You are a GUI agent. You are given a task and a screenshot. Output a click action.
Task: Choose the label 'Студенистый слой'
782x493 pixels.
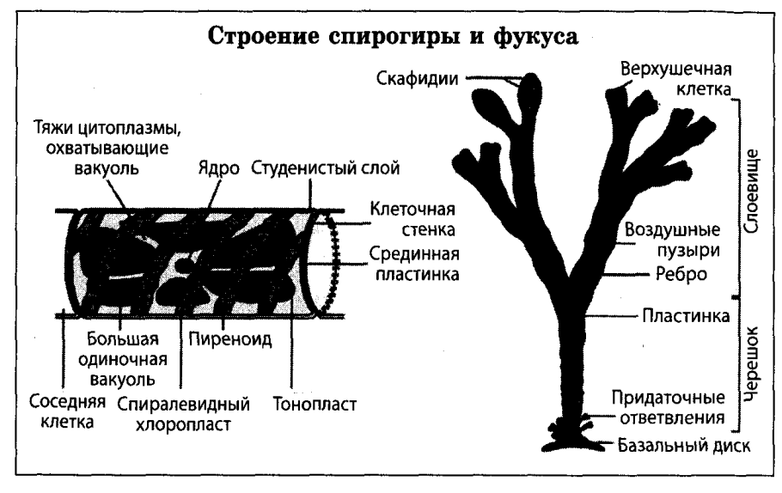(326, 167)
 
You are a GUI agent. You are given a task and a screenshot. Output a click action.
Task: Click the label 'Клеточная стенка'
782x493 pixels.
(411, 218)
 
